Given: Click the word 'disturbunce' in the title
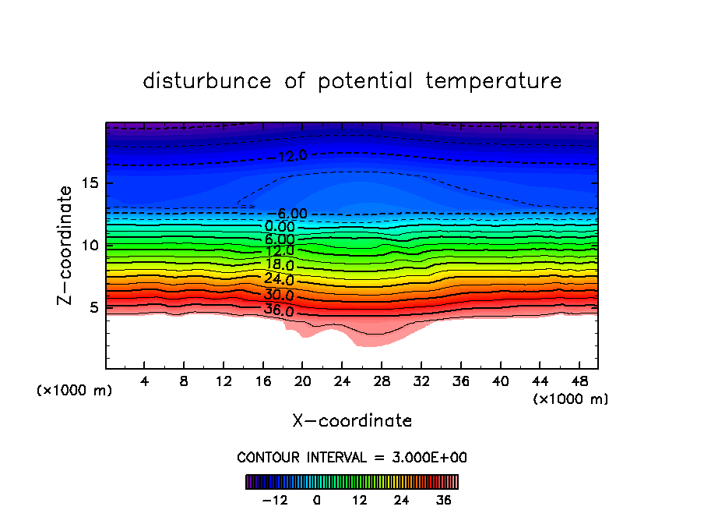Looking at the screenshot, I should click(207, 81).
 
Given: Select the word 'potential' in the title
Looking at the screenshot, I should click(365, 81).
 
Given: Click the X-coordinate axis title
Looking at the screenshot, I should click(352, 421).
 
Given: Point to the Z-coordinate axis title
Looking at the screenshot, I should click(66, 245).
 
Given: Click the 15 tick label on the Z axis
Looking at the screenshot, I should click(90, 183).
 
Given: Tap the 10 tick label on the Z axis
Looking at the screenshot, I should click(90, 246).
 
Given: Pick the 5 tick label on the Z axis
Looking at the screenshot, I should click(94, 307).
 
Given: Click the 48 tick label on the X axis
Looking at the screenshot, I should click(579, 383).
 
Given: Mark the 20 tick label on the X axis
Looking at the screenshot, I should click(303, 383).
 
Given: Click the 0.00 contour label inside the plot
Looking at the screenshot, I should click(280, 227).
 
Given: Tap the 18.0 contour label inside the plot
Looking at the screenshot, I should click(279, 264).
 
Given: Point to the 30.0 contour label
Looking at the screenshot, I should click(279, 296).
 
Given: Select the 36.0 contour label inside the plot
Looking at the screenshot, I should click(279, 311).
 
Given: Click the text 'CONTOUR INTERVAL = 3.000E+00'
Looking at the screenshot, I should click(352, 458).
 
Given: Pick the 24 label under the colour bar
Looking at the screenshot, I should click(401, 500).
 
